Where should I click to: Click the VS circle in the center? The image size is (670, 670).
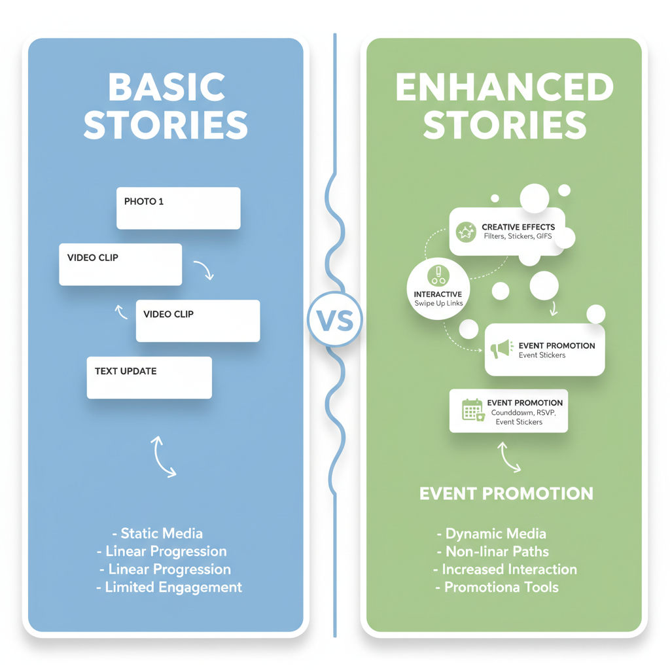point(334,320)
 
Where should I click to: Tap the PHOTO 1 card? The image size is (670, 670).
point(178,208)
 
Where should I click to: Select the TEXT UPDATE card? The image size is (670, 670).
point(149,378)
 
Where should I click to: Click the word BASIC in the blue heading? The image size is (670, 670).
point(166,88)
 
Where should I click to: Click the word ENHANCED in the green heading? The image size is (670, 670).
point(504,88)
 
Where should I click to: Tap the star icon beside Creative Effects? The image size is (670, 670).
point(466,232)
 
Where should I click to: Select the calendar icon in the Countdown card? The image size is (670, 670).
point(472,410)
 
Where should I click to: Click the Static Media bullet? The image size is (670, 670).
point(158,534)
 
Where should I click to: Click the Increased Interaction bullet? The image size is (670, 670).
point(504,569)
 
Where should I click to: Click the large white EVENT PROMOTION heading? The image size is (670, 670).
point(506,493)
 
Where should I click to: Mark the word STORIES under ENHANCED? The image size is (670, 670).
point(504,125)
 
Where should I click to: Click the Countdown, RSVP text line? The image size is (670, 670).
point(521,413)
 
